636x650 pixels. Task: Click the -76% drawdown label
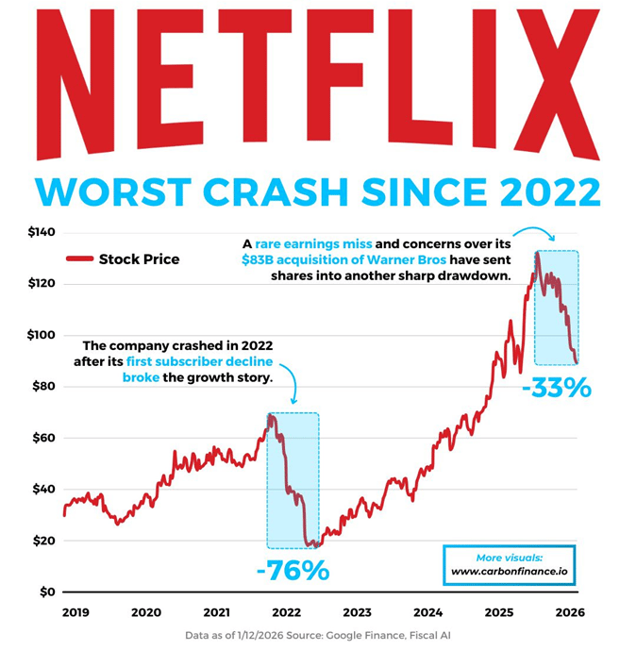point(292,571)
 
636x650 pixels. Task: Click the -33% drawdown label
point(556,387)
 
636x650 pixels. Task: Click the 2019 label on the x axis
point(75,612)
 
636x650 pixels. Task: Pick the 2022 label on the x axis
point(287,612)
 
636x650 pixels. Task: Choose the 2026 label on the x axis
point(569,612)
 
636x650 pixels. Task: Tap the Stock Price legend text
point(139,259)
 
